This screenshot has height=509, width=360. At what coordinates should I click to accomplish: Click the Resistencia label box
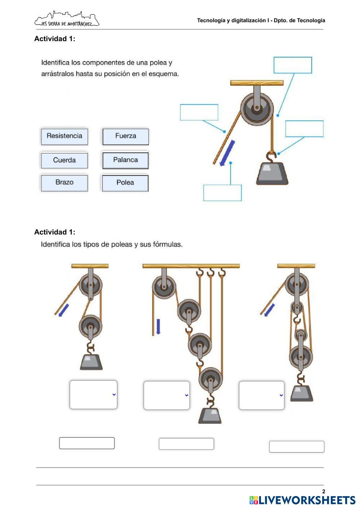[65, 136]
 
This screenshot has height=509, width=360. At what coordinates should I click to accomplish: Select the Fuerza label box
[125, 136]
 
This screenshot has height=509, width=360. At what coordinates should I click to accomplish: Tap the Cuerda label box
[65, 160]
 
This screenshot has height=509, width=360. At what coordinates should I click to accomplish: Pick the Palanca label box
[125, 160]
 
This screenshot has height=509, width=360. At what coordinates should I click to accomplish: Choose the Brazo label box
[65, 182]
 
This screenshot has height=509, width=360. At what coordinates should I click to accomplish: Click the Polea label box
[125, 183]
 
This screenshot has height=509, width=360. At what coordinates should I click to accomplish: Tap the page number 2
[324, 491]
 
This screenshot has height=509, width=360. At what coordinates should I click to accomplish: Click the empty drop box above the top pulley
[293, 65]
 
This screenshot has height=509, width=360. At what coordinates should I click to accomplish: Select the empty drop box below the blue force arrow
[222, 193]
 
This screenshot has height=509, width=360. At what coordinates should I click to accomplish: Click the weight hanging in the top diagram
[272, 173]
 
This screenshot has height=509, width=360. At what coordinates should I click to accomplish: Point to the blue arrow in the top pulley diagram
[227, 153]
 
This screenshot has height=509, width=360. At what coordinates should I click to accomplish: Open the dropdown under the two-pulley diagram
[93, 395]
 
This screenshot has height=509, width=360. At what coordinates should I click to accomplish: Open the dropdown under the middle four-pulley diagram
[166, 395]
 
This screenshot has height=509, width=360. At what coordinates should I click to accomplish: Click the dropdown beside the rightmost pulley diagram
[262, 395]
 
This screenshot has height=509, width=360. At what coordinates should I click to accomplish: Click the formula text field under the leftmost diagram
[87, 443]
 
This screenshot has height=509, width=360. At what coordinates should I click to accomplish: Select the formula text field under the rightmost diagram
[297, 447]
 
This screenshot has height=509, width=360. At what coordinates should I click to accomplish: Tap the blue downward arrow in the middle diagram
[158, 326]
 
